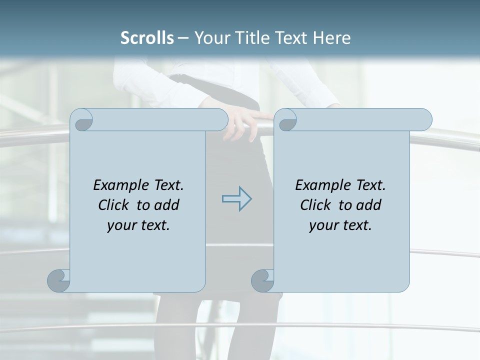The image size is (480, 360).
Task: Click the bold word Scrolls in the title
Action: [147, 38]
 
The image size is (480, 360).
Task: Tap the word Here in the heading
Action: [331, 38]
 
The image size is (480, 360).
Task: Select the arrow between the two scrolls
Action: [237, 199]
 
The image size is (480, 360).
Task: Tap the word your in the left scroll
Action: [121, 225]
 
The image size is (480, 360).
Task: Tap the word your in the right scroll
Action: [323, 225]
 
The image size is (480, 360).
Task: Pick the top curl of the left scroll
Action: [82, 120]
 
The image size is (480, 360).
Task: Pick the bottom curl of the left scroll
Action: [58, 280]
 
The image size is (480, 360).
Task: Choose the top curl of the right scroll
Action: [286, 120]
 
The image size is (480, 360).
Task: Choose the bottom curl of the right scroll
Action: [262, 280]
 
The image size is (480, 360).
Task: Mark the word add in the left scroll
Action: [167, 205]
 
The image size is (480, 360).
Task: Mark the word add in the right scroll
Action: [369, 205]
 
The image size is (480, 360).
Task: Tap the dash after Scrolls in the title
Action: [183, 38]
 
